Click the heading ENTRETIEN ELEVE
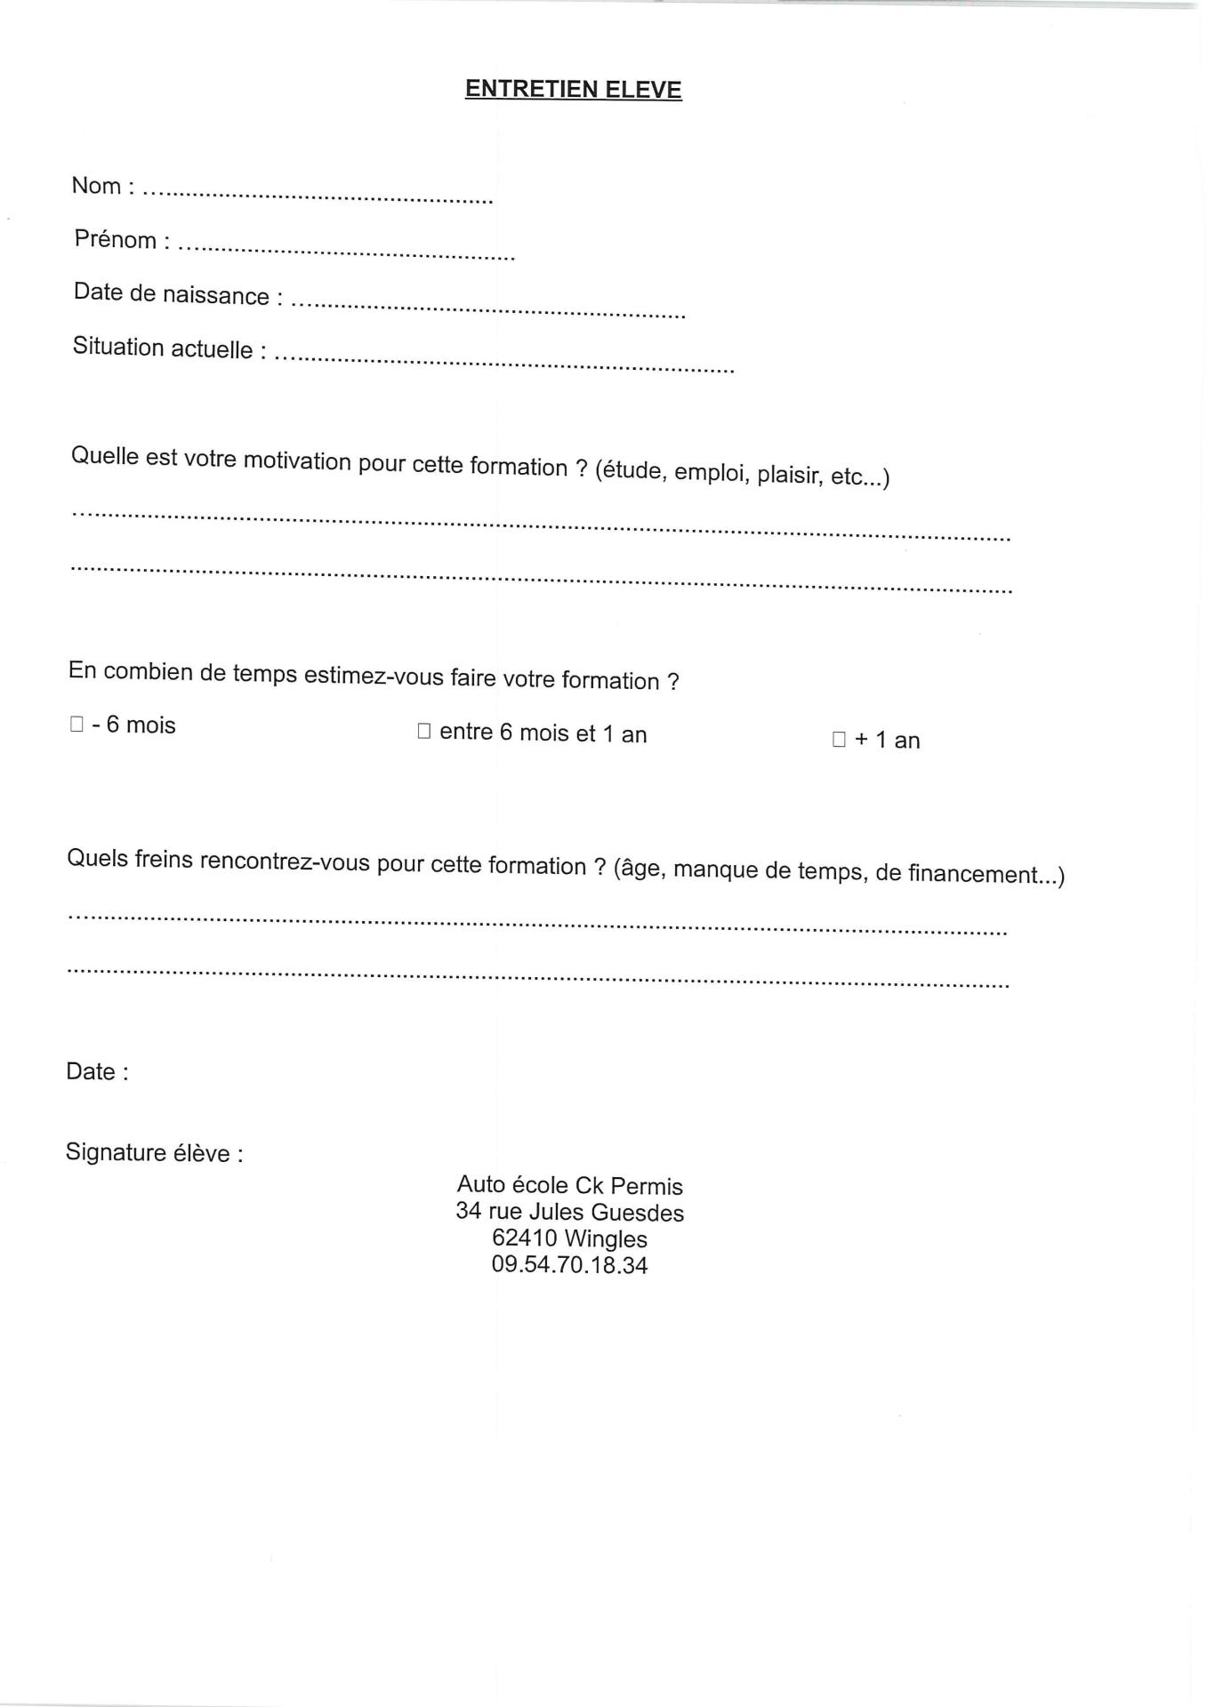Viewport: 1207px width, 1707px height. (573, 90)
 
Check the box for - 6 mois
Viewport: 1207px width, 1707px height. (76, 725)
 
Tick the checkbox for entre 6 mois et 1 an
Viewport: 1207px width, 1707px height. (423, 732)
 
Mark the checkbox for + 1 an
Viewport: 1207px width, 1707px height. (839, 740)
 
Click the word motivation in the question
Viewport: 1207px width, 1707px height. (297, 461)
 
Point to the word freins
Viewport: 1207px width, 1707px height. (165, 860)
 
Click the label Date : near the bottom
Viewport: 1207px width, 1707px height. (97, 1071)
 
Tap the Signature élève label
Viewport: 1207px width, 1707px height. (154, 1153)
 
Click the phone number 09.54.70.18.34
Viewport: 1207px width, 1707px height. (569, 1265)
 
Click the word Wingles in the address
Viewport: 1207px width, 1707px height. (606, 1239)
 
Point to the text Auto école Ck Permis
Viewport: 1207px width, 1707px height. (569, 1185)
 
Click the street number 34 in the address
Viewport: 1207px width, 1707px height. (469, 1211)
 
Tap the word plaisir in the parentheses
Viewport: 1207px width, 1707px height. (789, 475)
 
